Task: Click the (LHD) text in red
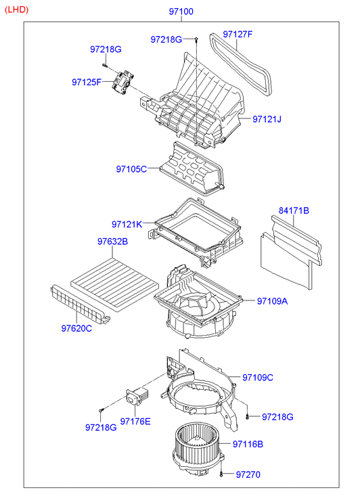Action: tap(17, 9)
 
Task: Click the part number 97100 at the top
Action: tap(181, 12)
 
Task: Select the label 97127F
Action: tap(238, 35)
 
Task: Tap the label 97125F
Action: tap(87, 82)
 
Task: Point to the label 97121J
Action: tap(267, 119)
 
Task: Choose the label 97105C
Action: tap(131, 169)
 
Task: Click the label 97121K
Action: tap(127, 225)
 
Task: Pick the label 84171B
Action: tap(294, 210)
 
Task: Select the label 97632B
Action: tap(113, 242)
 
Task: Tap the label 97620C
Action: tap(76, 328)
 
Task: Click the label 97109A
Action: tap(273, 301)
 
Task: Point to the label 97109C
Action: tap(258, 378)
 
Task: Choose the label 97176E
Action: tap(135, 422)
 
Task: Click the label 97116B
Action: tap(248, 445)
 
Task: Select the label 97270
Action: tap(248, 474)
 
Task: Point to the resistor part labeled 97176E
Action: tap(137, 396)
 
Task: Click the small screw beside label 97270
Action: tap(221, 474)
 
